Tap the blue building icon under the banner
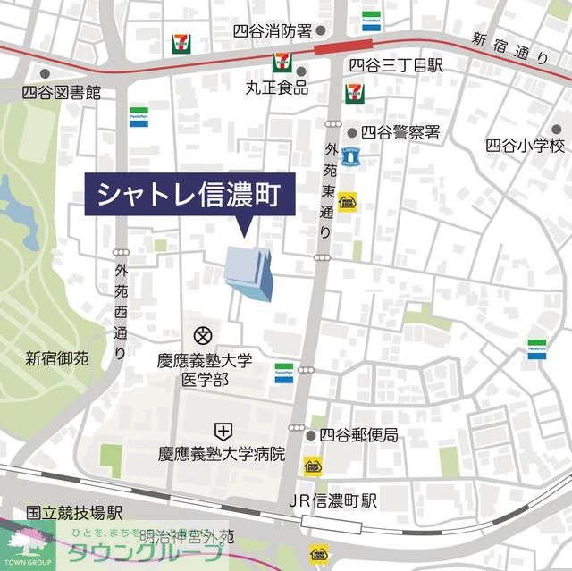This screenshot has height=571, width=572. pyautogui.click(x=250, y=273)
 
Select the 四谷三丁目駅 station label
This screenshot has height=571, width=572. pyautogui.click(x=395, y=65)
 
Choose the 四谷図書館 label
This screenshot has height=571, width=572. pyautogui.click(x=62, y=91)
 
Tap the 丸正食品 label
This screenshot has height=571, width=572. pyautogui.click(x=277, y=88)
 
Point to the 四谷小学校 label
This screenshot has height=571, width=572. pyautogui.click(x=526, y=145)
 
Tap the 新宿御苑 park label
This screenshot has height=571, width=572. pyautogui.click(x=57, y=359)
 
